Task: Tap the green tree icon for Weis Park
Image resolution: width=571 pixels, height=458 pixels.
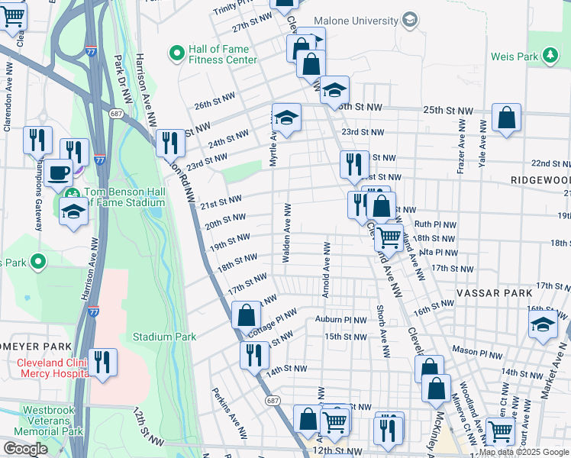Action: [549, 55]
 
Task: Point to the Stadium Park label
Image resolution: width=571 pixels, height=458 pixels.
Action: [164, 337]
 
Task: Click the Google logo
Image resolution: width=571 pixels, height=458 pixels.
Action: [25, 448]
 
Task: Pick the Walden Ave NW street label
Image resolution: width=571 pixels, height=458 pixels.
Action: [287, 234]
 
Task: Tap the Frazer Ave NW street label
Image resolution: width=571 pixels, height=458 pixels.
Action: [461, 147]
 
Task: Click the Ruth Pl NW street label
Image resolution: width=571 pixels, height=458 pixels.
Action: [435, 225]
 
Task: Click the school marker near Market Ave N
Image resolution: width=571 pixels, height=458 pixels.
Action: [543, 324]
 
